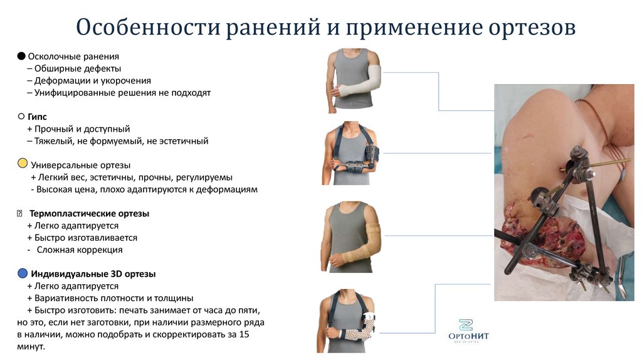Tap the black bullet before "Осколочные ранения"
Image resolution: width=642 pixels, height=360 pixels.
pyautogui.click(x=21, y=56)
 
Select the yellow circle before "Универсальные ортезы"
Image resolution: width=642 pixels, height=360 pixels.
pyautogui.click(x=22, y=164)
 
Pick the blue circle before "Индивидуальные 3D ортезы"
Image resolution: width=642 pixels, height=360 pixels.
pyautogui.click(x=22, y=273)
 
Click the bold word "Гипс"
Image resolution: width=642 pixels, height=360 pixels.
pyautogui.click(x=37, y=117)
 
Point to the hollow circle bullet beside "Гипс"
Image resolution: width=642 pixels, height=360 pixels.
pyautogui.click(x=21, y=117)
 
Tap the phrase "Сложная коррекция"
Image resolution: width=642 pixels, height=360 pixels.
pyautogui.click(x=80, y=250)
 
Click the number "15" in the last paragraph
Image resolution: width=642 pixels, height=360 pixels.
pyautogui.click(x=245, y=334)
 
